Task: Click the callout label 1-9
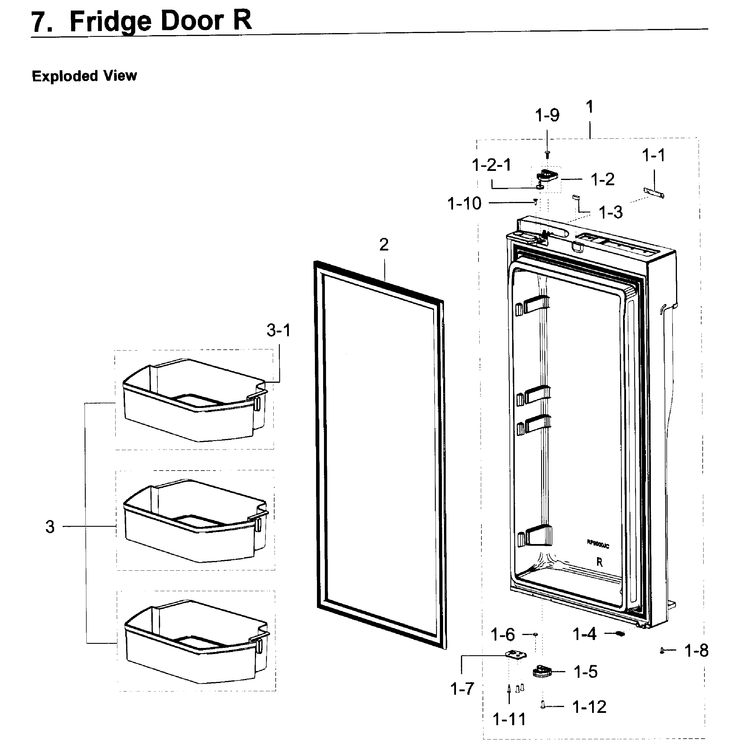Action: click(x=547, y=115)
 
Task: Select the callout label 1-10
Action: click(x=464, y=203)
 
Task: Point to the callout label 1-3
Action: click(x=610, y=212)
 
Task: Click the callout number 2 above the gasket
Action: click(x=384, y=245)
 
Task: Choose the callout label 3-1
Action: click(x=278, y=330)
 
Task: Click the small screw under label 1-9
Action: click(x=547, y=155)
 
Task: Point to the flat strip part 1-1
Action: click(x=654, y=193)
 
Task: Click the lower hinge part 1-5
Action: click(x=542, y=671)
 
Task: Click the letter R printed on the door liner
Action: click(x=599, y=562)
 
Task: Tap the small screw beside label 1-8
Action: click(x=662, y=651)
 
